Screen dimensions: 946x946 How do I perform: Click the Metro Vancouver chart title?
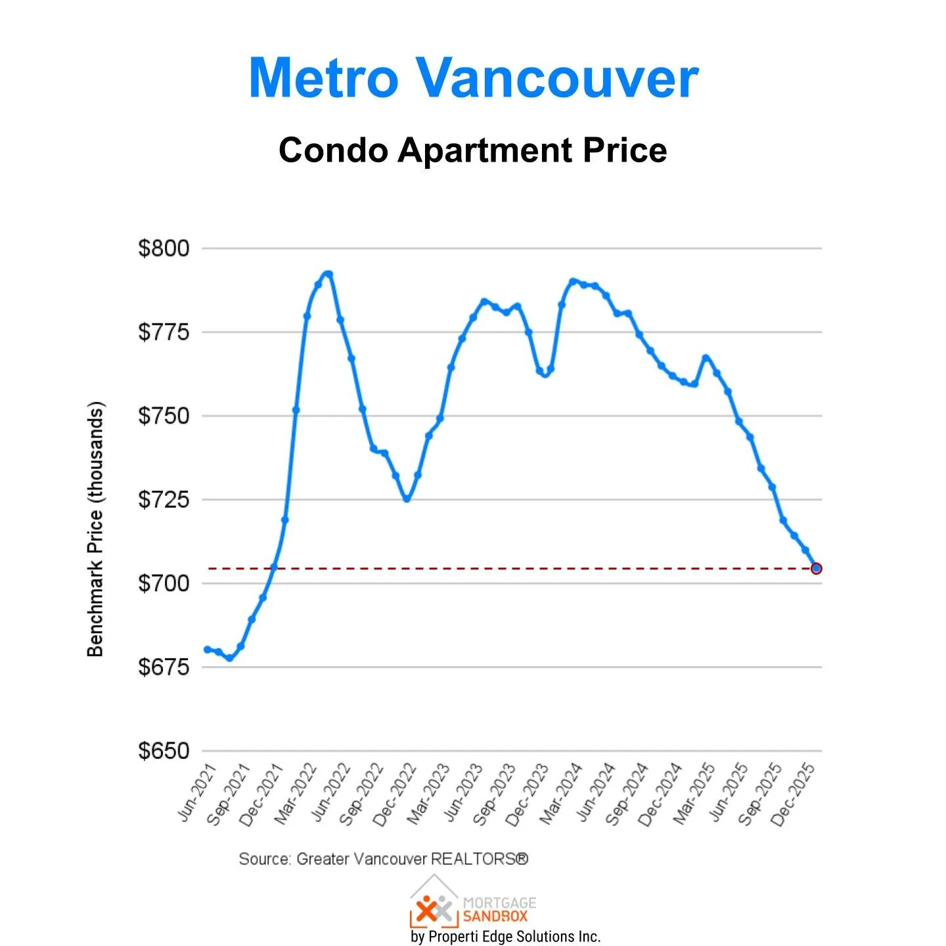pos(473,78)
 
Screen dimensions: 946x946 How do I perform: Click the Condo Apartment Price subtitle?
pos(472,150)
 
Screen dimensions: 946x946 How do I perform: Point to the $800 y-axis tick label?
pos(164,248)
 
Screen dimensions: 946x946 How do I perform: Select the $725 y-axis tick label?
pos(164,499)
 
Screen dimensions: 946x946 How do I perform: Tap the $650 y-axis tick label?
pos(164,750)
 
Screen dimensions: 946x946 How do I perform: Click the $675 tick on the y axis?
pos(164,667)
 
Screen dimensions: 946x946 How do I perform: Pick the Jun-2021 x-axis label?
pos(198,792)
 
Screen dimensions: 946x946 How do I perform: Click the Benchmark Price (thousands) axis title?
pos(96,529)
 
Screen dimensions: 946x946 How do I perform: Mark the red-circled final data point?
pos(816,568)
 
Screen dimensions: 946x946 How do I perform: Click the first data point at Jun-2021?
pos(208,649)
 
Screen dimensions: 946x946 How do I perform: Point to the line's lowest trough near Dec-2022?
pos(407,499)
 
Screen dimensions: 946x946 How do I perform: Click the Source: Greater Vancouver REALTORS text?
pos(383,859)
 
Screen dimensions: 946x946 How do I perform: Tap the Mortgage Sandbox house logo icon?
pos(434,903)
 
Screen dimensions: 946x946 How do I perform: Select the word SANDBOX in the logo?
pos(495,916)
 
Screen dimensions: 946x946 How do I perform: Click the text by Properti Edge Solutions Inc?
pos(505,936)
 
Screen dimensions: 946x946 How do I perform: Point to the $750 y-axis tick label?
pos(164,416)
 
